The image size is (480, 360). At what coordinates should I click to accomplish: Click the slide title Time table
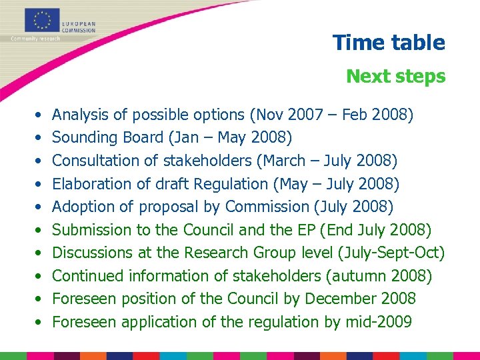(x=389, y=43)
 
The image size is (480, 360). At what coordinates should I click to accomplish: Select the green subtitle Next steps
(x=395, y=76)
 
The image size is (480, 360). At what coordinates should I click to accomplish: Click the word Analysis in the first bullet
(x=79, y=115)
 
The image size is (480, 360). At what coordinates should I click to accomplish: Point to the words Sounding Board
(x=107, y=137)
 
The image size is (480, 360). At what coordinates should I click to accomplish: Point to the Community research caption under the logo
(x=35, y=38)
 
